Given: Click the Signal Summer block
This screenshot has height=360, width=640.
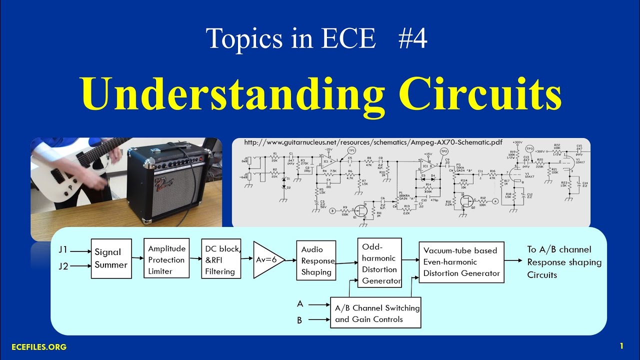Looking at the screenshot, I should point(111,258).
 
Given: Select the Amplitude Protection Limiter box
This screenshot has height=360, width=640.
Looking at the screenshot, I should point(166,259).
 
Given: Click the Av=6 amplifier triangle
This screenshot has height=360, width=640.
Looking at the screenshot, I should point(266,259).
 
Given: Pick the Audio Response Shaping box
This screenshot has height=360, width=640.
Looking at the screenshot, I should point(316,260).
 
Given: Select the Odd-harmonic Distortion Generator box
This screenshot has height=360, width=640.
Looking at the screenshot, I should point(380,262).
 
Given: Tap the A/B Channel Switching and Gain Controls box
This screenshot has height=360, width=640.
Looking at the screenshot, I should point(375,313).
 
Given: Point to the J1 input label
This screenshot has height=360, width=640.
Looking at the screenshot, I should point(63,249).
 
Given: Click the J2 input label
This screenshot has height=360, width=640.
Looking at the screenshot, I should point(63,266).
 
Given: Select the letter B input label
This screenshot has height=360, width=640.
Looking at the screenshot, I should point(299,320).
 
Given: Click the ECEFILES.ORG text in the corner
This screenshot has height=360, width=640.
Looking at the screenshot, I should point(39,346).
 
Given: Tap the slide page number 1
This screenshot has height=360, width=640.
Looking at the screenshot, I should point(621,345).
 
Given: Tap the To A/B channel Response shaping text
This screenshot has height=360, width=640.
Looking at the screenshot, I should point(564,262).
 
